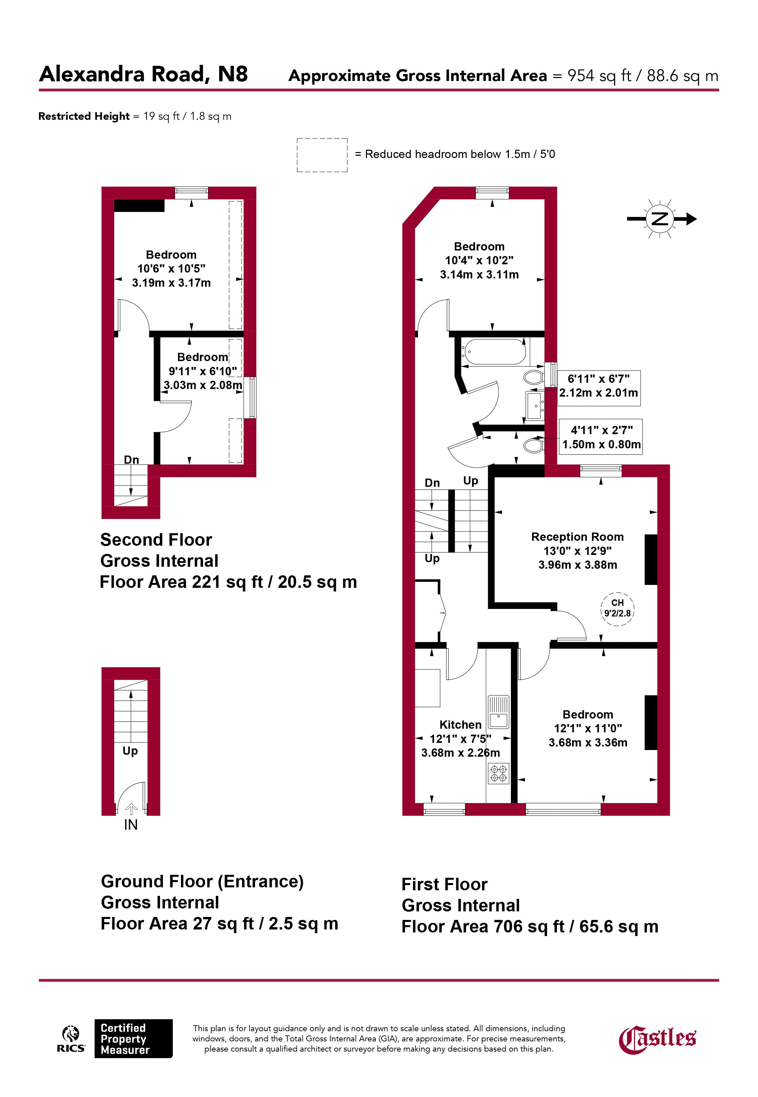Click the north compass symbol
662,219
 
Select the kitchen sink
498,712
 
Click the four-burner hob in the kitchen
498,773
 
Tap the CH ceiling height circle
617,608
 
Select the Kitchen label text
460,725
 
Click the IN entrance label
131,825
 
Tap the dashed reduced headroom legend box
322,155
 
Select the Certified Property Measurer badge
133,1039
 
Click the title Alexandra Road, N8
144,74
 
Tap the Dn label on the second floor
132,460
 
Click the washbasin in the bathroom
535,406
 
